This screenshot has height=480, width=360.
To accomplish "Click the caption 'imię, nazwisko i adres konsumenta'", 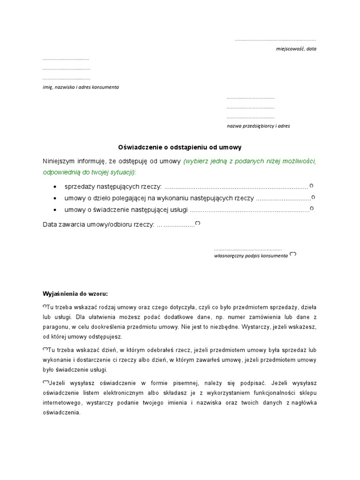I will click(81, 87).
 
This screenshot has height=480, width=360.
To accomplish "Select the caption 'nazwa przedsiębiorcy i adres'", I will click(258, 126).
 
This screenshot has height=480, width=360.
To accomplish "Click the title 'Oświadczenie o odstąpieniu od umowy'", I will click(179, 147).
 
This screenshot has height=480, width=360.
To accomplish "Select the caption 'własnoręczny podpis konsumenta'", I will click(251, 256).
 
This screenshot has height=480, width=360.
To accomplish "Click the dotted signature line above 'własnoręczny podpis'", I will click(247, 249).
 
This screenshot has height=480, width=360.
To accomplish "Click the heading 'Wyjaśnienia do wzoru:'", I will click(75, 294).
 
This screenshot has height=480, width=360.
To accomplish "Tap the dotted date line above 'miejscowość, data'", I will click(275, 40).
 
